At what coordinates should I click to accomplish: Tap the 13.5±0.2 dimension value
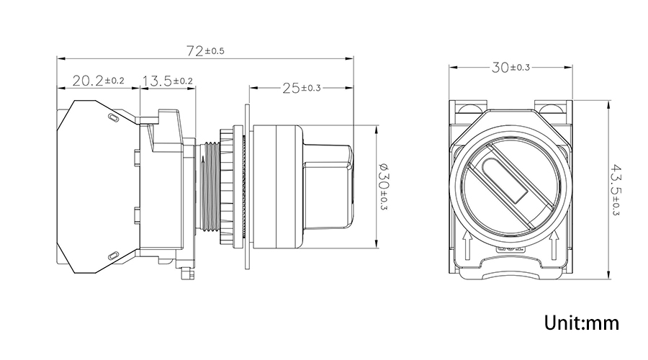click(x=167, y=81)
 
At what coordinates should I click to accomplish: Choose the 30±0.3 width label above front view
click(x=511, y=68)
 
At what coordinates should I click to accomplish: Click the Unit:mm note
click(x=582, y=322)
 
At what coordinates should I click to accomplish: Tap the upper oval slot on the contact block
click(x=112, y=117)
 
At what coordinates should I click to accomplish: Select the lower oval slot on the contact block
click(x=112, y=254)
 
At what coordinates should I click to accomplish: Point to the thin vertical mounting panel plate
click(x=246, y=186)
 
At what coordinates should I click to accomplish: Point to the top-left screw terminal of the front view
click(x=469, y=109)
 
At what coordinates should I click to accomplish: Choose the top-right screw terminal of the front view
click(x=553, y=109)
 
